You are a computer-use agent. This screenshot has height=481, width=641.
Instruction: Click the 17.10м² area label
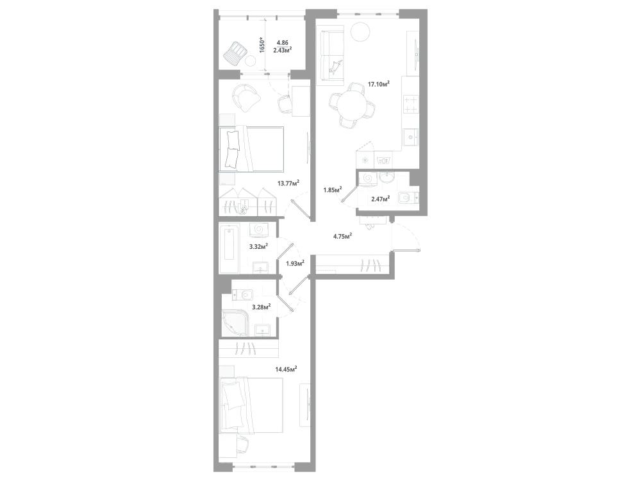pos(379,84)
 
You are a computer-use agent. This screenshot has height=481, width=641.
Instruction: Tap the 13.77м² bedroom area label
pos(288,183)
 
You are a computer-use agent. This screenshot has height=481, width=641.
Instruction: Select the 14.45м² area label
pos(286,369)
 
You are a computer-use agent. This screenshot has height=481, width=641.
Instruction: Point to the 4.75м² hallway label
pos(342,235)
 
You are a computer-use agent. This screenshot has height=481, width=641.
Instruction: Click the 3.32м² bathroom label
pos(259,246)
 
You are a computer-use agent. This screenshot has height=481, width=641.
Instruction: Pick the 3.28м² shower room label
pos(262,307)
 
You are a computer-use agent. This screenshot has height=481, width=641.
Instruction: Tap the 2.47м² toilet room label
pos(380,199)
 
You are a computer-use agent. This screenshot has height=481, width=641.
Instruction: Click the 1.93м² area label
pos(295,263)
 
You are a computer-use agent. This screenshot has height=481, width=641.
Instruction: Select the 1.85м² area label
pos(333,189)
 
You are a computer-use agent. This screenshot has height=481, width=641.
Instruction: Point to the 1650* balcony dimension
pos(262,45)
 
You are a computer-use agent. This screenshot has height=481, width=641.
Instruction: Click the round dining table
pos(352,105)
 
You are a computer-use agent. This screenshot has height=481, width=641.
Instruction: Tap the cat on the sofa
pos(335,67)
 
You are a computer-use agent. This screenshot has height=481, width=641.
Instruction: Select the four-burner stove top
pos(411,104)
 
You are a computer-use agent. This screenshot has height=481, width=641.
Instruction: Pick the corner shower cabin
pos(234,323)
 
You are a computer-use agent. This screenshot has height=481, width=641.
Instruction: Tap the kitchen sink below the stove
pos(410,137)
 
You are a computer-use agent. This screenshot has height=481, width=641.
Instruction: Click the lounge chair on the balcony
pos(235,53)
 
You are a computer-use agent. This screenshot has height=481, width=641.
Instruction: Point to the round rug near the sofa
pos(361,31)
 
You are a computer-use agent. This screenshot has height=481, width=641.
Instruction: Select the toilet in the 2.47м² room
pos(408,198)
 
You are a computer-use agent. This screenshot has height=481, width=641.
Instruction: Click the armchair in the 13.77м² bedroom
pos(246,97)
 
